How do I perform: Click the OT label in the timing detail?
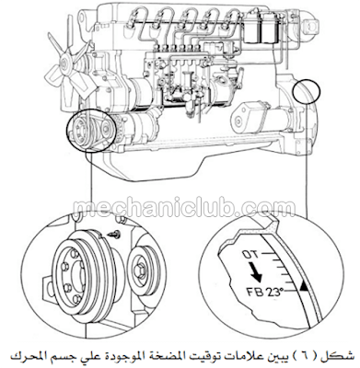(250, 254)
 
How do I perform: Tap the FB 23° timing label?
(264, 292)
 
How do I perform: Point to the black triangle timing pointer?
(304, 287)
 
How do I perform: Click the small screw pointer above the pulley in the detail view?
(115, 235)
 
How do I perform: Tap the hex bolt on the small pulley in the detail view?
(138, 270)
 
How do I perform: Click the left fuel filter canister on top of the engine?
(253, 26)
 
